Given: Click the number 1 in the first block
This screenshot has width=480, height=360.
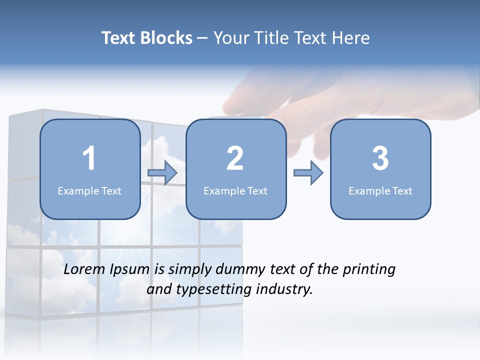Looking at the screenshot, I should [x=89, y=158].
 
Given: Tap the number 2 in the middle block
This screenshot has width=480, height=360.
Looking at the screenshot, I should [x=235, y=158].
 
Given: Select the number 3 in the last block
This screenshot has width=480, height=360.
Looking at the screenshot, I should [x=380, y=158].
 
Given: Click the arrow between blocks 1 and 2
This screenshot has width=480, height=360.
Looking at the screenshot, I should [x=162, y=173].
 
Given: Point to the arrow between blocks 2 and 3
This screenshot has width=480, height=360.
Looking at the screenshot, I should [x=308, y=173].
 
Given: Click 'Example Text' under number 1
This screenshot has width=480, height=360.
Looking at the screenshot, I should [x=89, y=190].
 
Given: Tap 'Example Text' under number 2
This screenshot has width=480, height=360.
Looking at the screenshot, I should [x=235, y=190].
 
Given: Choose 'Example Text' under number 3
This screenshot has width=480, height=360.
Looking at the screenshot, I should [x=380, y=190].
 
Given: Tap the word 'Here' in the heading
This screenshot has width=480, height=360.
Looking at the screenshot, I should [x=352, y=38].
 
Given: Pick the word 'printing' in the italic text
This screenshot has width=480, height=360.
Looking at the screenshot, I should [x=369, y=269].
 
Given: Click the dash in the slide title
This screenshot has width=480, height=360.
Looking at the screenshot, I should [x=202, y=38].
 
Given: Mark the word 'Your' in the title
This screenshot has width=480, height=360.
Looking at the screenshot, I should [x=230, y=38].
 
